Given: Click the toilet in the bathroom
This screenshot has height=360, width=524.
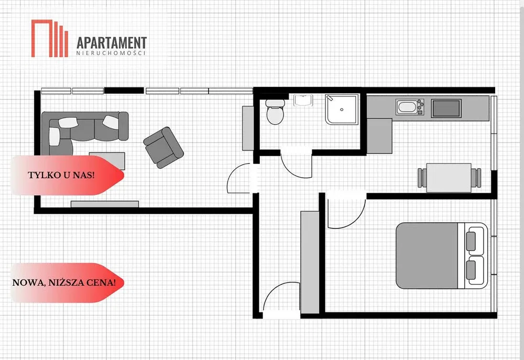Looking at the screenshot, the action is (x=276, y=112).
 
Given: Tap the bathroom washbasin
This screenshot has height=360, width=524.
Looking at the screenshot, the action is (x=303, y=100).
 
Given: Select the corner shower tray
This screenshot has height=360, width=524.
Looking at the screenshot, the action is (x=342, y=110).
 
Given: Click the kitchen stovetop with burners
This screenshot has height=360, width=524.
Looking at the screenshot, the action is (x=410, y=107).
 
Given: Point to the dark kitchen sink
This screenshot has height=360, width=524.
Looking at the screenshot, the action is (x=446, y=108).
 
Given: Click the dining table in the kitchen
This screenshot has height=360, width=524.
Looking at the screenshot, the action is (x=449, y=178).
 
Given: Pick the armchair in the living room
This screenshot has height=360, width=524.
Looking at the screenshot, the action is (x=163, y=147).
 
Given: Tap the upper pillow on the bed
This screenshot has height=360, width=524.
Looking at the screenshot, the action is (x=471, y=241).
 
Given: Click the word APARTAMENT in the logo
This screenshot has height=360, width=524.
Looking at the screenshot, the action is (x=112, y=43).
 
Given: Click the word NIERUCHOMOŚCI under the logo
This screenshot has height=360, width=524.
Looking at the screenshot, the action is (x=111, y=53).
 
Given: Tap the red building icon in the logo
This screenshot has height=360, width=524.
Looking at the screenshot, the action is (x=50, y=38).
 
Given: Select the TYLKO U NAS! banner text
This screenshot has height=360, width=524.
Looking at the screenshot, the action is (x=61, y=175).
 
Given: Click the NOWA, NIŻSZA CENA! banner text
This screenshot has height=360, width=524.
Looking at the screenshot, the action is (x=64, y=283).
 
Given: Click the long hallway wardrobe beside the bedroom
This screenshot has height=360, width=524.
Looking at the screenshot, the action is (x=310, y=263).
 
